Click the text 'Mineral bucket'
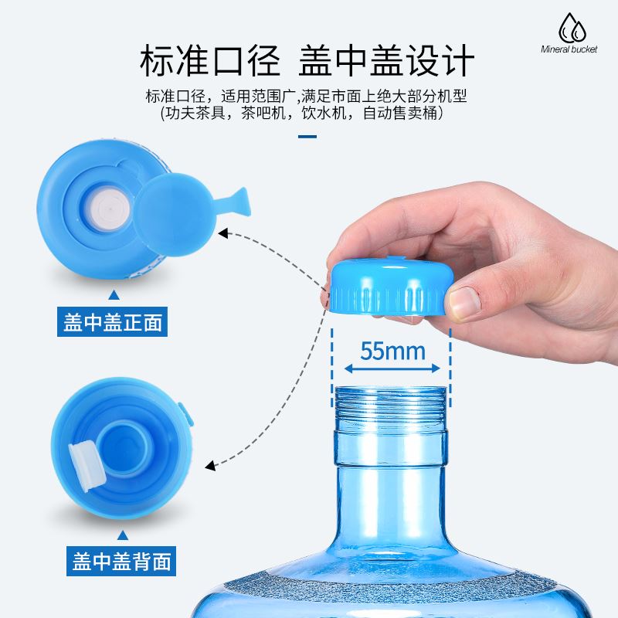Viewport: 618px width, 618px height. pyautogui.click(x=569, y=49)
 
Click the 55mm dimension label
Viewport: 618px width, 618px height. pyautogui.click(x=392, y=351)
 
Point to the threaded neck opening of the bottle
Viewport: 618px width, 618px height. pyautogui.click(x=390, y=406)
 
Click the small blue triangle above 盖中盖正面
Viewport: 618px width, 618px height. pyautogui.click(x=114, y=294)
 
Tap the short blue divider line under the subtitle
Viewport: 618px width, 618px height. pyautogui.click(x=307, y=138)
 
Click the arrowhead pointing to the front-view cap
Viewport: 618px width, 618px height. pyautogui.click(x=225, y=233)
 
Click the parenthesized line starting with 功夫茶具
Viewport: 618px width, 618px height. pyautogui.click(x=307, y=114)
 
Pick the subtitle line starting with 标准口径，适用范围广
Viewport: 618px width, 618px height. pyautogui.click(x=307, y=96)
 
